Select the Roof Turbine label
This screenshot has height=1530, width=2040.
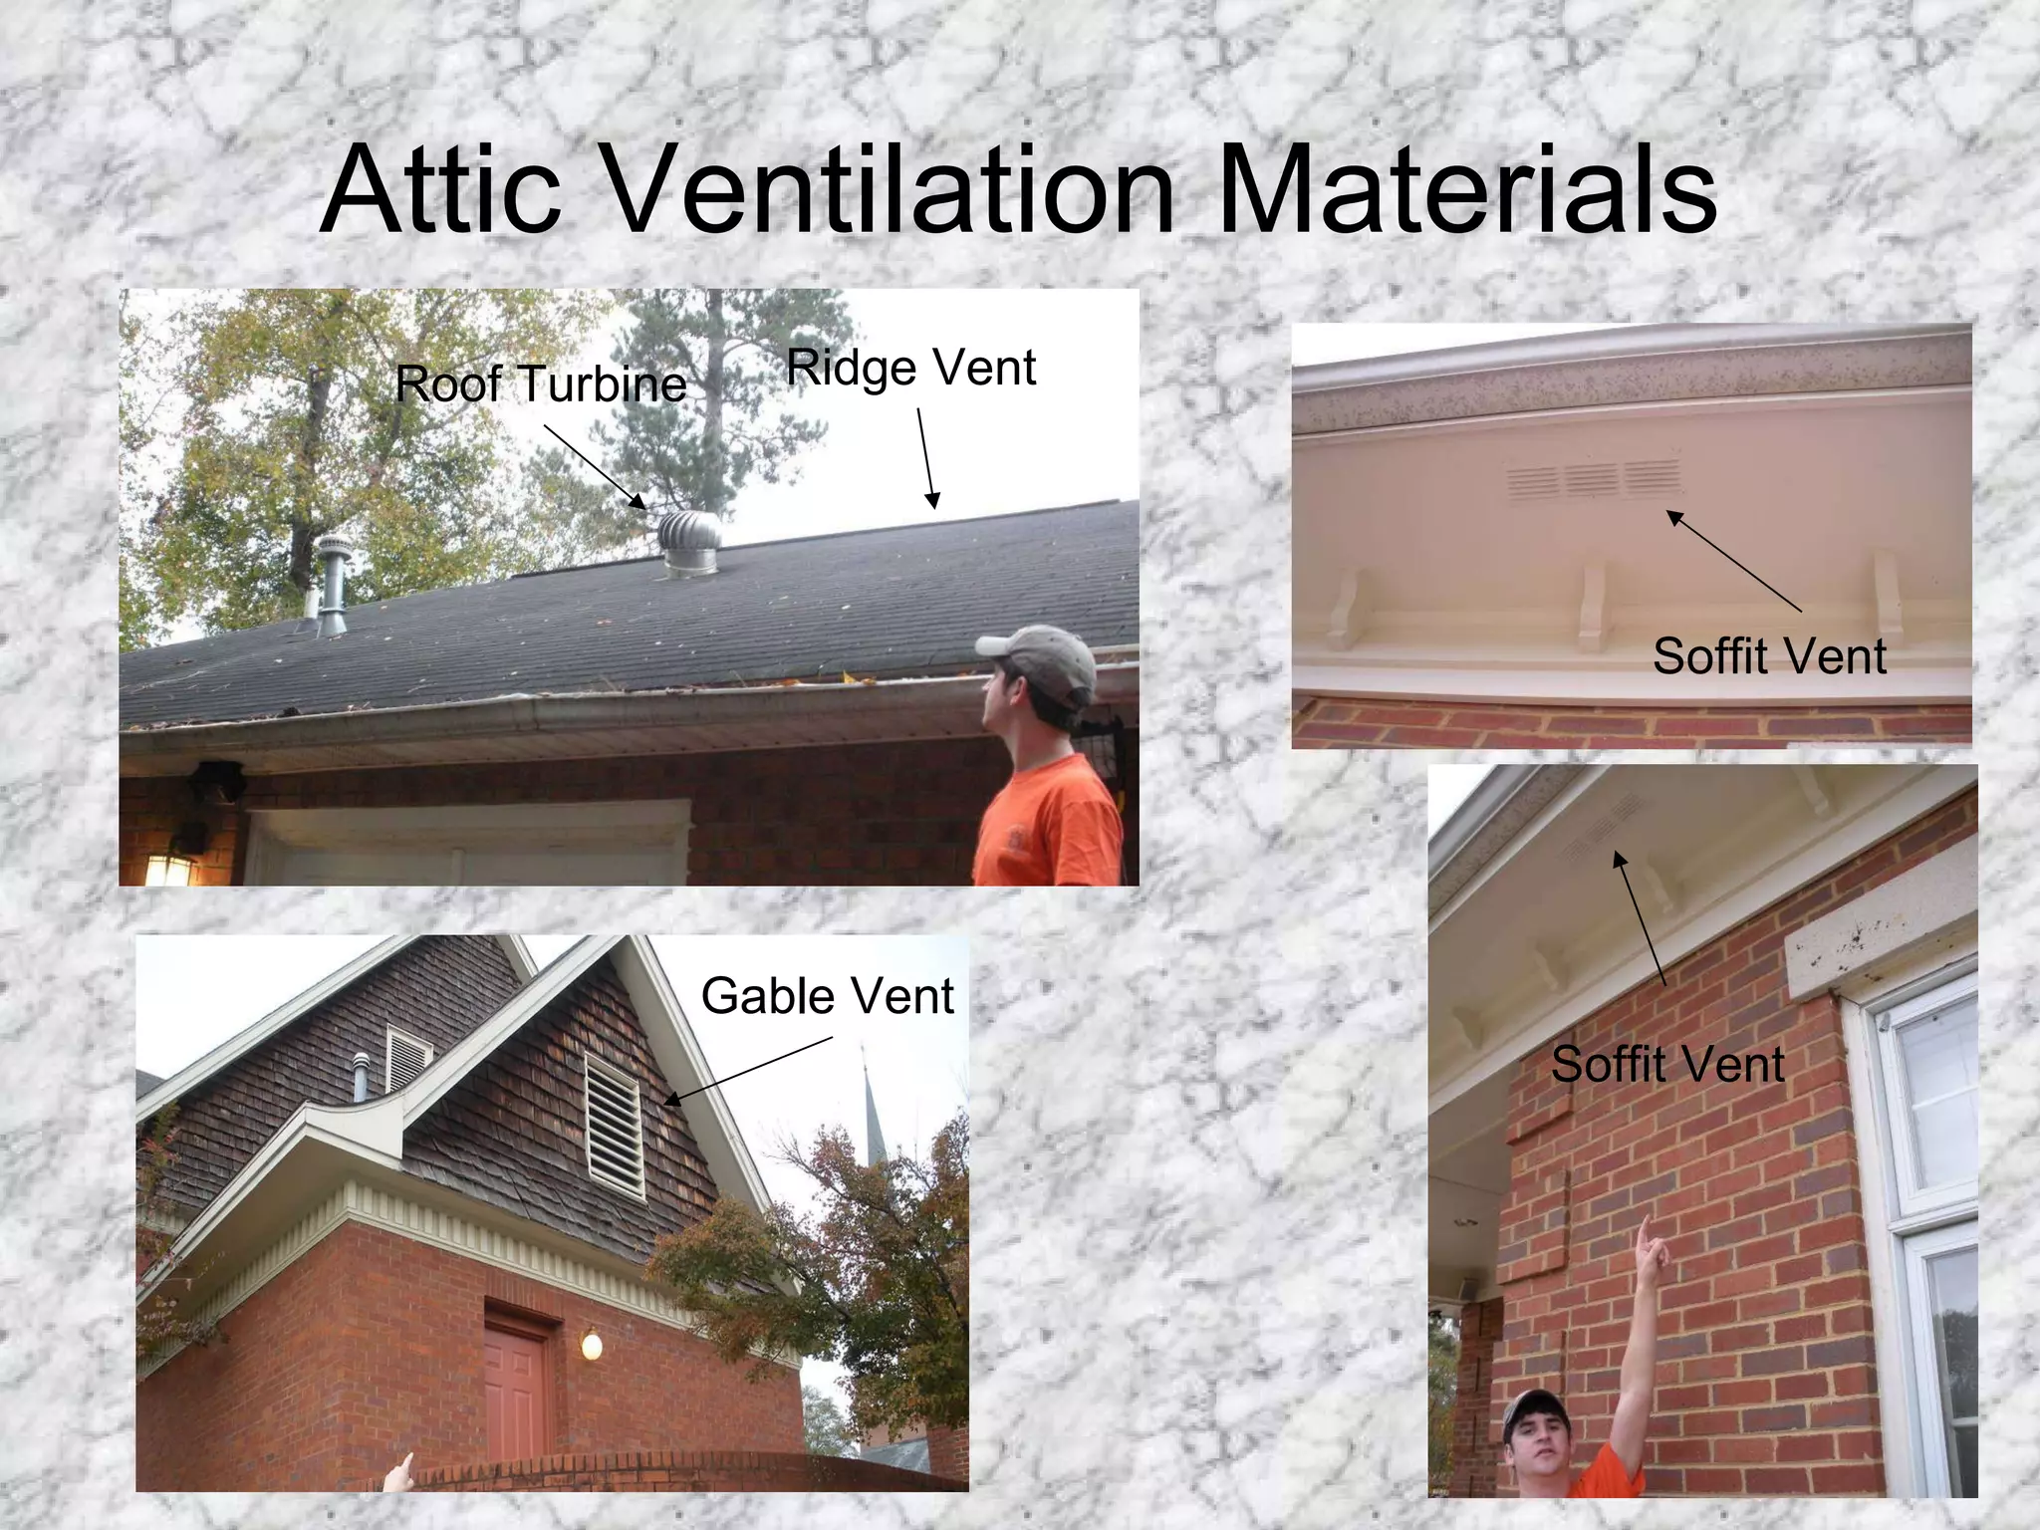(x=541, y=384)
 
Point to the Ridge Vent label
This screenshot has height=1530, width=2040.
(x=910, y=368)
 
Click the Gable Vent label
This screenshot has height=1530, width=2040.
(x=827, y=996)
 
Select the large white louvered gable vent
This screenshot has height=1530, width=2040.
(x=614, y=1125)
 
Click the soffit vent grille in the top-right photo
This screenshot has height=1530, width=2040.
(x=1594, y=479)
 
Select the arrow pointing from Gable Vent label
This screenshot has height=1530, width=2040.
(x=747, y=1071)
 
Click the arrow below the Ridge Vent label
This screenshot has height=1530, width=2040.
(x=925, y=458)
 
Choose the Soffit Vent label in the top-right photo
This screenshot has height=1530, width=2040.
(x=1769, y=656)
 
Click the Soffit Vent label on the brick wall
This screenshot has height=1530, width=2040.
(x=1666, y=1065)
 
